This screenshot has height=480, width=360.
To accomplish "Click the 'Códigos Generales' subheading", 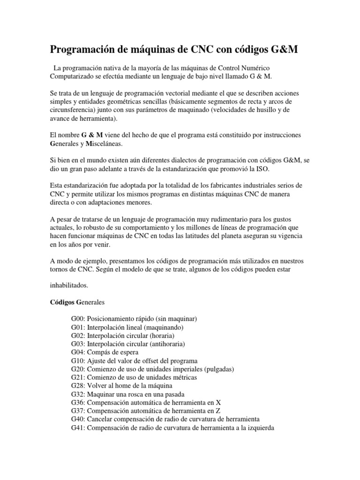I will pos(77,302).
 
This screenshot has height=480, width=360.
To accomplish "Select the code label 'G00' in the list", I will pos(78,318).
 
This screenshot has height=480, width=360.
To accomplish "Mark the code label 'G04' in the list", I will pos(78,352).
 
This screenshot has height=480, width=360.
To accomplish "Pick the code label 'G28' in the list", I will pos(78,386).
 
